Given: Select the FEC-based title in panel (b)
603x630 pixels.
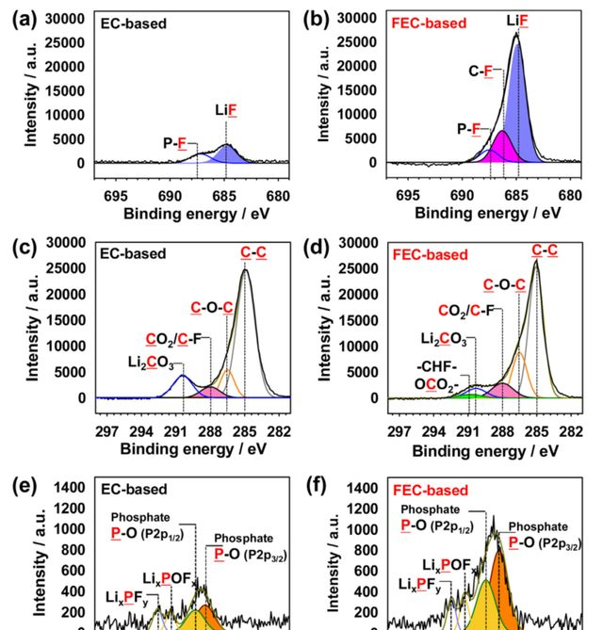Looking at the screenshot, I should click(430, 21).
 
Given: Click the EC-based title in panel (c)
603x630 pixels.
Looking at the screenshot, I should click(133, 253).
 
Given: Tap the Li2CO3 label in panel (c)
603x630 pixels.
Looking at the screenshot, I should click(149, 363).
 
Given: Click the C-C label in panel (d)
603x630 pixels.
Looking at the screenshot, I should click(545, 250).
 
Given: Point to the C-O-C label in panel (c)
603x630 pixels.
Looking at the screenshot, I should click(212, 307).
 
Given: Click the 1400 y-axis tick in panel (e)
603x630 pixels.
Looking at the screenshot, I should click(74, 489).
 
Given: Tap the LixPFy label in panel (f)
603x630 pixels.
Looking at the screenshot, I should click(417, 585).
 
